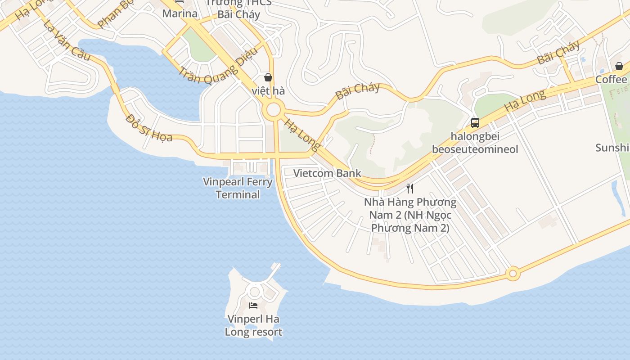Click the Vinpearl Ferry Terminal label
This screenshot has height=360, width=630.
(238, 188)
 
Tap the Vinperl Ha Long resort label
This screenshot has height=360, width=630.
(253, 325)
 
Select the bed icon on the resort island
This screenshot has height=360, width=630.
(253, 306)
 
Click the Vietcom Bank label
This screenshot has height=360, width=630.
(327, 173)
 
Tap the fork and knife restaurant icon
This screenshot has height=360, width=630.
(409, 188)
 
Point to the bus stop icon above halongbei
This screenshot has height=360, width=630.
(475, 122)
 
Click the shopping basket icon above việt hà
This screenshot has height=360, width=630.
(268, 77)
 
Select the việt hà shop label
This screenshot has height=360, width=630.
(268, 91)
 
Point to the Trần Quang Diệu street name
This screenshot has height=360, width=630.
(218, 66)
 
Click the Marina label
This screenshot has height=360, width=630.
(180, 13)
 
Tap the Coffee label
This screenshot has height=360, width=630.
(611, 80)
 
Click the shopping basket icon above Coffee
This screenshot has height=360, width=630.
(619, 66)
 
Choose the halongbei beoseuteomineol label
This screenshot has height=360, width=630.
(475, 143)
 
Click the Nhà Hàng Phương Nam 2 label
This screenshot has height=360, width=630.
(410, 215)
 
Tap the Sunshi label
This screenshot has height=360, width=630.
(612, 148)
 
